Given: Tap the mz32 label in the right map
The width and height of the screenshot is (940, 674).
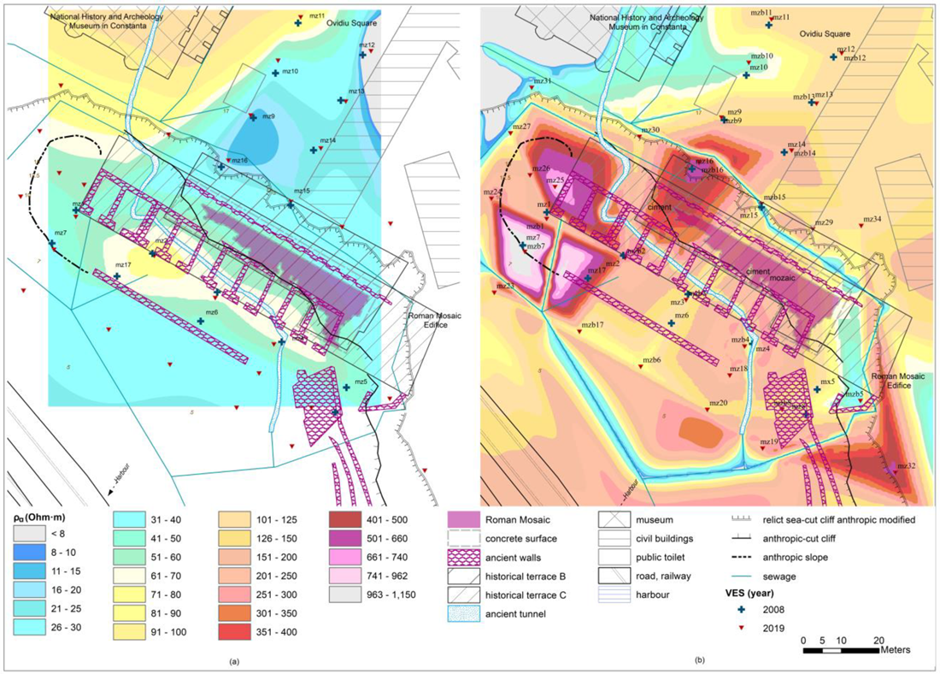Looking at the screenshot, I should [906, 466].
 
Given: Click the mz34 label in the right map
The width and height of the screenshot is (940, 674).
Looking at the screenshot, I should [872, 219].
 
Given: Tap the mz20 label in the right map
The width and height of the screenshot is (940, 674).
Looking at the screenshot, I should [718, 403].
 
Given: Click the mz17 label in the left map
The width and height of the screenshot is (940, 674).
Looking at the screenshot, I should [122, 265].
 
